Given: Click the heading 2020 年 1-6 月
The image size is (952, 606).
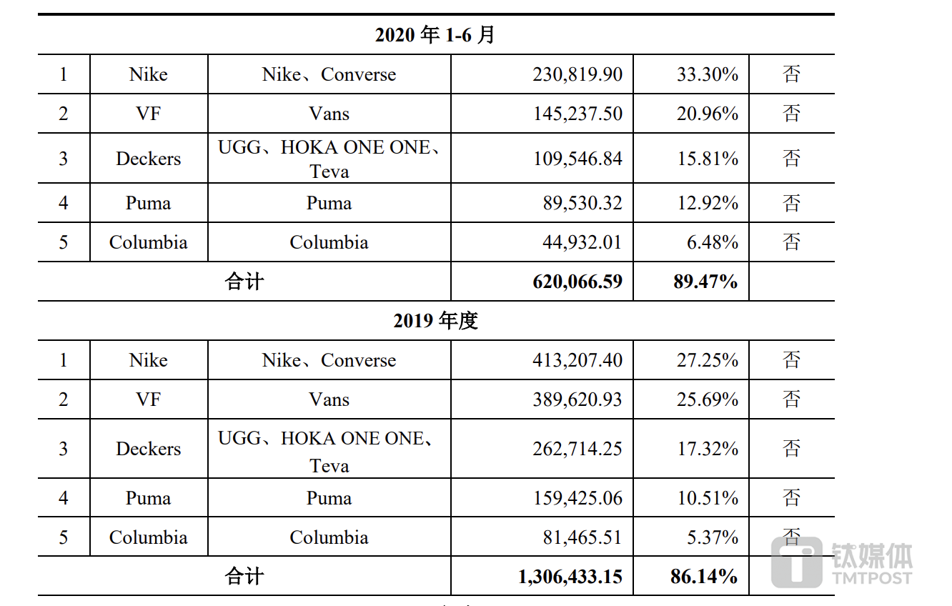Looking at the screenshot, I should (435, 35).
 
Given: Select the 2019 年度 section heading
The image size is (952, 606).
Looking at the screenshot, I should (435, 321).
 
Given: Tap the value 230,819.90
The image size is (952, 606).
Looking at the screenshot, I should (577, 74).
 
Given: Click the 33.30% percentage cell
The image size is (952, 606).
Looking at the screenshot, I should (707, 74).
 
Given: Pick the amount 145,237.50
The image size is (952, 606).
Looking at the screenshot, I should (577, 114).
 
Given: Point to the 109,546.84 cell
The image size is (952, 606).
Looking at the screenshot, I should (577, 159).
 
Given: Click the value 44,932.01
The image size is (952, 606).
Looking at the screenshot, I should (582, 242).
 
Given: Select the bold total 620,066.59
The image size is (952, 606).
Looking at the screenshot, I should (577, 282).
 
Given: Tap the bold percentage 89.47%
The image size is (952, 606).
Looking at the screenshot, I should (705, 282).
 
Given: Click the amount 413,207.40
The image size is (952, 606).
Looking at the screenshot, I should (577, 360).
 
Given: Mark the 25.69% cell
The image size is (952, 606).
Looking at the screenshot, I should (707, 399).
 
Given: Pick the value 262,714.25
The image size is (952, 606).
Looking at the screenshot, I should (577, 449).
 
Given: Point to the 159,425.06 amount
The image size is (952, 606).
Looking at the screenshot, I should (577, 498).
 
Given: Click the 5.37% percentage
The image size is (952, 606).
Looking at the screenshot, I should (712, 537).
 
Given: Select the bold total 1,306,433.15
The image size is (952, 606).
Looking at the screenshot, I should (570, 577).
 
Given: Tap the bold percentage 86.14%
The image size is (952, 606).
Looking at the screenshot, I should (703, 577).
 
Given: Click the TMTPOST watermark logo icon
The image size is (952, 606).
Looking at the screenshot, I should (796, 562).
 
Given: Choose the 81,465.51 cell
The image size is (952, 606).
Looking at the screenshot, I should (582, 537).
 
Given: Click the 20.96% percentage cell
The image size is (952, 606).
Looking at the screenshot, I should (707, 114).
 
